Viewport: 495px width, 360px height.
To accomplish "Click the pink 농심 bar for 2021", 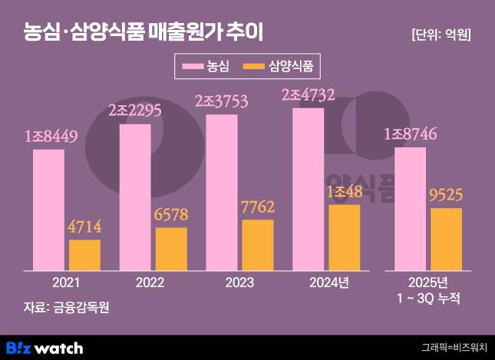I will click(x=48, y=210).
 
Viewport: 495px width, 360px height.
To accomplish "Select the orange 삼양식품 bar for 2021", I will click(x=84, y=255).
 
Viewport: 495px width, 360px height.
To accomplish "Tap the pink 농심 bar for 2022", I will click(x=135, y=197).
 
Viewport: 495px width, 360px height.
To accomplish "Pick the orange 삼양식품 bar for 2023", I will click(x=258, y=245).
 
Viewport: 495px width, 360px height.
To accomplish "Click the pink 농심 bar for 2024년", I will click(x=309, y=189).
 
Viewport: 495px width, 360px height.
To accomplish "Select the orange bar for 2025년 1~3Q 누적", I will click(x=446, y=239).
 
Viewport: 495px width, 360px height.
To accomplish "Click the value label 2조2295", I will click(x=135, y=111).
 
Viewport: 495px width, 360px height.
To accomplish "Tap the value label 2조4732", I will click(x=309, y=96).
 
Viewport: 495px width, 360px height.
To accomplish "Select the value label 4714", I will click(x=84, y=227).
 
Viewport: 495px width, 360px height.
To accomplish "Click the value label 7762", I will click(x=258, y=207).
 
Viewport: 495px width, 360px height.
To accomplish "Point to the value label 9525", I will click(x=446, y=195).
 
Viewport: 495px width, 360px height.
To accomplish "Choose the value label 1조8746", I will click(x=411, y=135).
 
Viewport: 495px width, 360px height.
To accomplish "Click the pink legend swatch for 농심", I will click(x=193, y=67).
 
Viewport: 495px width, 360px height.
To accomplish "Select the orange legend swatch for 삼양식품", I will click(x=253, y=67).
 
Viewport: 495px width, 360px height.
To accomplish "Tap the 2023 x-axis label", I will click(x=239, y=282).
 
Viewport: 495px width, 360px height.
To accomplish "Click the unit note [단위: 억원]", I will click(x=441, y=35).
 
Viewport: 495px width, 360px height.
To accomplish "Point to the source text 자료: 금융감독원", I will click(x=67, y=308).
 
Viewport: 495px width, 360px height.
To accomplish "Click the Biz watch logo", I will click(x=44, y=347).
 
